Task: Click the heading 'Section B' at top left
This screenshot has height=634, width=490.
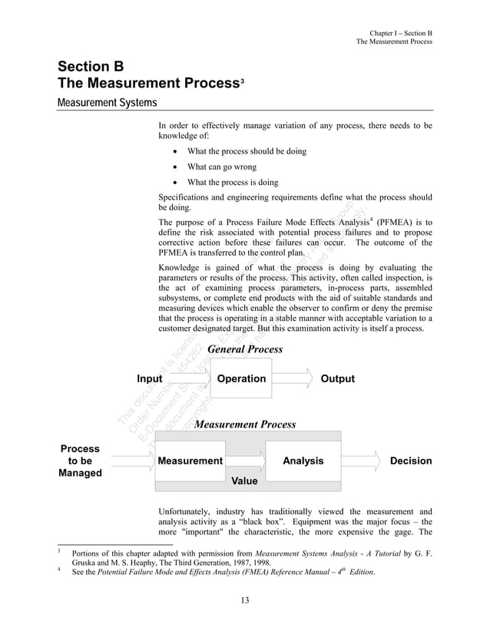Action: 91,67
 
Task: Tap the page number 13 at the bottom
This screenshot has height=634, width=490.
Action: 244,599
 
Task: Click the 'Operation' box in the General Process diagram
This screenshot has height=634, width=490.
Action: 241,378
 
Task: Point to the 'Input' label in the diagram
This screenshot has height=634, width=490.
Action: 149,378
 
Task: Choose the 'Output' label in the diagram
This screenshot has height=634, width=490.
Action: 337,378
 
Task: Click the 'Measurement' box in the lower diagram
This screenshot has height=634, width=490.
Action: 190,461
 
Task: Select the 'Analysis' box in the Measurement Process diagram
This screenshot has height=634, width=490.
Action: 303,461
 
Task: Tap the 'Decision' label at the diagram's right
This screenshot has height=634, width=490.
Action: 411,461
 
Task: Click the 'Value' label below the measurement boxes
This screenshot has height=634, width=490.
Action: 244,481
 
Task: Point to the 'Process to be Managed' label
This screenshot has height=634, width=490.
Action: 80,461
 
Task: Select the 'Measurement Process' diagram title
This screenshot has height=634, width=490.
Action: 245,424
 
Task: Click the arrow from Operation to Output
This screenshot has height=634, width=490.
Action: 293,378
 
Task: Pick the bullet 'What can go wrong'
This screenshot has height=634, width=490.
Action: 221,167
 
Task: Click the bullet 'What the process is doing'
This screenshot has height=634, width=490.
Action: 232,182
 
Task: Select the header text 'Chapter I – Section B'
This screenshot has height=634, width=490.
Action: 401,33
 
